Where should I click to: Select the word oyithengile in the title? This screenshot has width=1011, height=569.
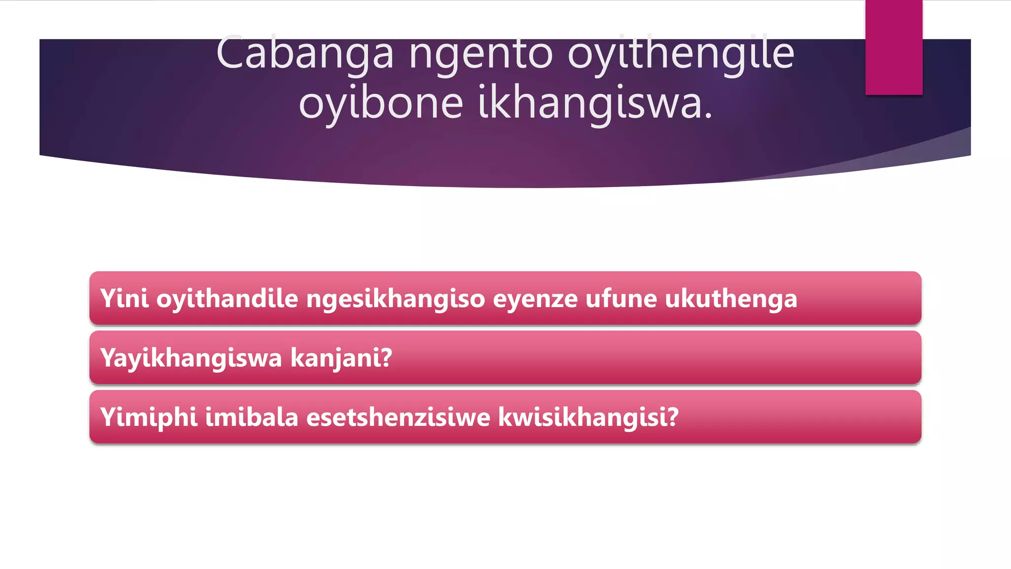click(x=681, y=53)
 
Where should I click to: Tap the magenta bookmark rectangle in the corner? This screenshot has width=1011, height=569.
click(x=894, y=47)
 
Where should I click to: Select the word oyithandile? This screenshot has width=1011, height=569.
click(x=228, y=298)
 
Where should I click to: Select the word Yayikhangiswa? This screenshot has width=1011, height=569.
click(x=191, y=358)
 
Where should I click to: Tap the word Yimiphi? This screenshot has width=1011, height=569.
click(x=149, y=417)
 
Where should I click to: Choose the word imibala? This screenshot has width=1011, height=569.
click(x=252, y=417)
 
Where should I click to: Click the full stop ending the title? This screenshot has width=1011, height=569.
click(x=709, y=117)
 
